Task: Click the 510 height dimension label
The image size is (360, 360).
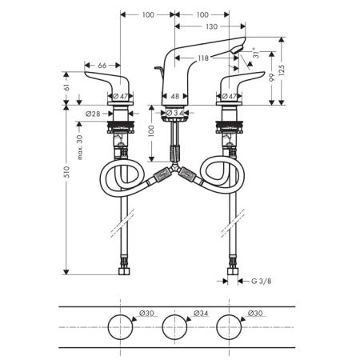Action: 67,172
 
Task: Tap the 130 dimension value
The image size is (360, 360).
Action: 211,26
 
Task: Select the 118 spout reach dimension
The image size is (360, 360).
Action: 203,58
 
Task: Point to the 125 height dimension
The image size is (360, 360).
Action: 282,70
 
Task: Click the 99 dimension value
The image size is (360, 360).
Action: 271,78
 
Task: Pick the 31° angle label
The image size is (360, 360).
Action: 256,53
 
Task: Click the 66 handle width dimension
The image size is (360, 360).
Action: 102,66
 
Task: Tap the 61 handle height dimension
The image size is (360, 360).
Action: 67,87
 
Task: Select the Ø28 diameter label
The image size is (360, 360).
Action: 93,114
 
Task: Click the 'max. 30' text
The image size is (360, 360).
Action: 79,147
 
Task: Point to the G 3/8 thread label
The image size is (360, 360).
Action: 262,281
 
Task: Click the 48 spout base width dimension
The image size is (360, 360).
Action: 174,96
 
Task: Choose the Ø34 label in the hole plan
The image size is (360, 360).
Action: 201,313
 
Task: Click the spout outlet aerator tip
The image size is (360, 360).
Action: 238,49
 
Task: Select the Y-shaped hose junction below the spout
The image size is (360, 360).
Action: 174,167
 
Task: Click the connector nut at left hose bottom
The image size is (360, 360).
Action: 124,271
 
